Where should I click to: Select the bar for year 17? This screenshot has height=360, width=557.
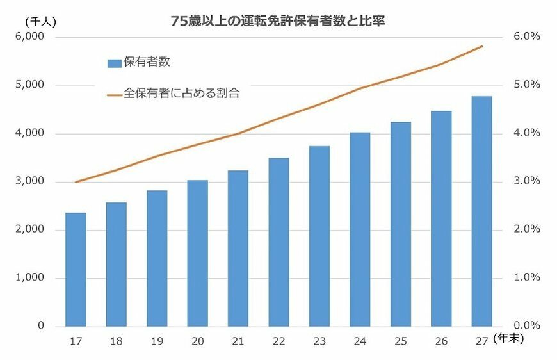coord(76,269)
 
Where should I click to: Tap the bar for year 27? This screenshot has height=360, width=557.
coord(481,211)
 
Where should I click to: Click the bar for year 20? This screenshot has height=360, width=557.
coord(197,253)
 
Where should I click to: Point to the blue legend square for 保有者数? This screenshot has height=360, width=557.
coord(114,63)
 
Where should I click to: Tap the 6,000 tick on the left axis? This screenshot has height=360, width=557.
coord(30,37)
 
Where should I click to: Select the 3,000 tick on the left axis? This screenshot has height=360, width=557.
coord(30,182)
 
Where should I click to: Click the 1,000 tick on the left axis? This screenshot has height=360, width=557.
coord(30,278)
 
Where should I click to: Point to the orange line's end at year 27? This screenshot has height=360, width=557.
coord(481,46)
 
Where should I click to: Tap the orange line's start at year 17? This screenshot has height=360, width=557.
coord(76,182)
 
